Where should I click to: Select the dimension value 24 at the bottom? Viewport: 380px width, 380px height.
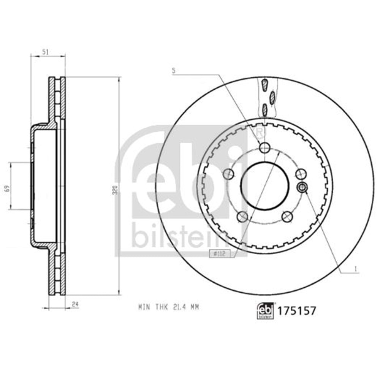pos(75,304)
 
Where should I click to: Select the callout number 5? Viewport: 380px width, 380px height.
pos(174,70)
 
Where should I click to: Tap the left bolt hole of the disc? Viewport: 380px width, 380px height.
pos(228,174)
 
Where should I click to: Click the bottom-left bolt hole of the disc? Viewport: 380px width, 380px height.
pos(242,217)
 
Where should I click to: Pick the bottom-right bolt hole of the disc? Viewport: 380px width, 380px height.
pos(287,217)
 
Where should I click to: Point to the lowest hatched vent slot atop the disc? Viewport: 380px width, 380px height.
pos(265,111)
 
